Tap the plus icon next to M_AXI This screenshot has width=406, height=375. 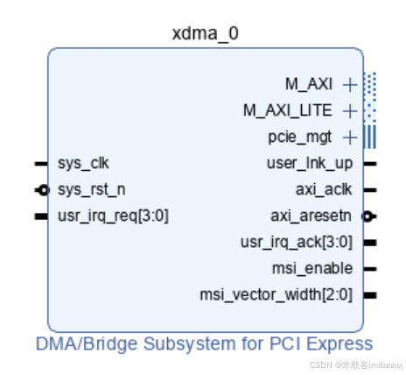point(350,85)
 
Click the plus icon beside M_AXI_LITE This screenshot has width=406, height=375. point(350,111)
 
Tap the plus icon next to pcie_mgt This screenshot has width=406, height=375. point(350,138)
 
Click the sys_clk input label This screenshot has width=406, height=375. point(83,163)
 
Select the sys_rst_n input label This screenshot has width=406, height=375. point(91,189)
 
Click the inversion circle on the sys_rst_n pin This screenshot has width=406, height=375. point(42,189)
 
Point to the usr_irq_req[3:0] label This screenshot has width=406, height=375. point(113,216)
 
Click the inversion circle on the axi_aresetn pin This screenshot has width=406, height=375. point(367,216)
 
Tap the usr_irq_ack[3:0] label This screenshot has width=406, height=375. point(298,242)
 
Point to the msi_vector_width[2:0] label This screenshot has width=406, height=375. point(278,294)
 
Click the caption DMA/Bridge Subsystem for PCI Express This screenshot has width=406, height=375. point(205,343)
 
